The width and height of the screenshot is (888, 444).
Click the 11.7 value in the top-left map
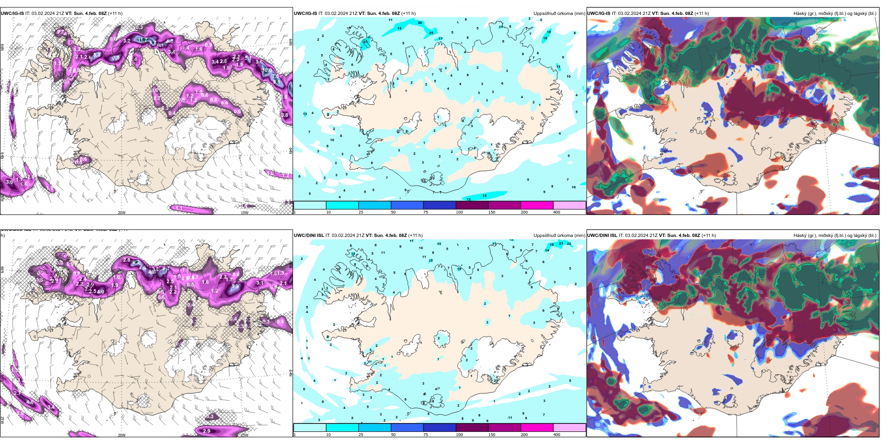point(143,41)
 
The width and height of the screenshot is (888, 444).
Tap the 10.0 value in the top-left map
point(267,71)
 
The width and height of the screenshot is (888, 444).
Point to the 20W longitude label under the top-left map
point(122,213)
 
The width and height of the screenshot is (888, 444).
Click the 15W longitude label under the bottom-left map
point(244,435)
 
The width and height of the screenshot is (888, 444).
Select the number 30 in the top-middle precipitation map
point(420,22)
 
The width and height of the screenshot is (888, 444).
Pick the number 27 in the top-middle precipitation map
point(365,42)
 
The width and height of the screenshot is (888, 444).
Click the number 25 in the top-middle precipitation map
point(431,33)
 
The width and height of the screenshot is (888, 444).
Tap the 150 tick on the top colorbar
point(492,212)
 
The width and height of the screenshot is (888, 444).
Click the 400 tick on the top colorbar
point(557,212)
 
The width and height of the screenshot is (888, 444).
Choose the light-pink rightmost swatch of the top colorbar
point(569,205)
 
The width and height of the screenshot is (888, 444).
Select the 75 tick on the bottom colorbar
point(426,435)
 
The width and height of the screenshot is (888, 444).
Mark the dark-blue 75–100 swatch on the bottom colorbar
point(439,428)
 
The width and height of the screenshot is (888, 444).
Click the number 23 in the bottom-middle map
point(561,243)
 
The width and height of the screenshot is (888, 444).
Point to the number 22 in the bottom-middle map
point(569,243)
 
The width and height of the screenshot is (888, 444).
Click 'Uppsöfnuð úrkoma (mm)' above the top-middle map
point(559,14)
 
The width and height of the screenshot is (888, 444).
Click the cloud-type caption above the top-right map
point(835,14)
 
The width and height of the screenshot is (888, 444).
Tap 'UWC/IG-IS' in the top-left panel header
point(12,14)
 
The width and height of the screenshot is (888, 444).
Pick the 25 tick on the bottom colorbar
point(361,435)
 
